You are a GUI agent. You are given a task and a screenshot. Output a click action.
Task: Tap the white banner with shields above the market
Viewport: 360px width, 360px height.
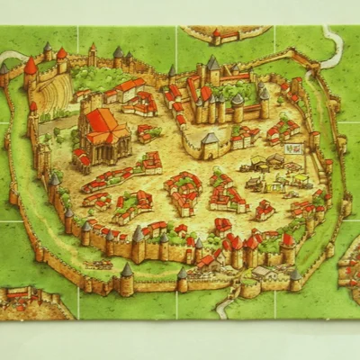292,148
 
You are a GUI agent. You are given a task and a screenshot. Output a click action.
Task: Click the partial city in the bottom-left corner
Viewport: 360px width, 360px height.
31,301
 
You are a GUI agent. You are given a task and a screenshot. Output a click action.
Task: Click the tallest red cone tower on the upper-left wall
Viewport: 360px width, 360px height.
31,68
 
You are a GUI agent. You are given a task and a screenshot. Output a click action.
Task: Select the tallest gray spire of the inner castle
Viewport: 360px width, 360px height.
212,65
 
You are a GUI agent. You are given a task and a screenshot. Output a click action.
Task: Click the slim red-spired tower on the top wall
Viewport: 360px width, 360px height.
92,52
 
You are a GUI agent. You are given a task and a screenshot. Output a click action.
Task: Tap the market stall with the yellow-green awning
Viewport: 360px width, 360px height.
270,180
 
